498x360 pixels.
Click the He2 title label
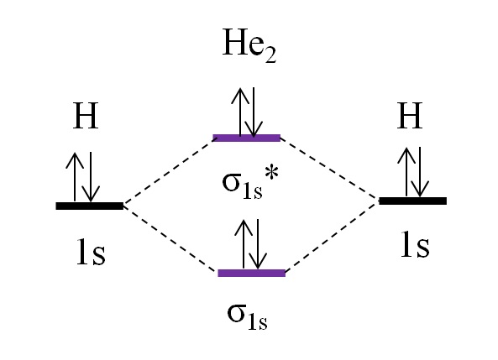pyautogui.click(x=249, y=45)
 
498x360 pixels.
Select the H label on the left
pyautogui.click(x=86, y=116)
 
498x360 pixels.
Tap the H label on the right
pyautogui.click(x=410, y=115)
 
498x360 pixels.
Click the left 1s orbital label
pyautogui.click(x=91, y=252)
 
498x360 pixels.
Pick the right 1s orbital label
pyautogui.click(x=415, y=244)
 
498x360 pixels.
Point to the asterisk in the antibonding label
pyautogui.click(x=272, y=174)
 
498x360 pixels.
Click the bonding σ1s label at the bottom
pyautogui.click(x=247, y=316)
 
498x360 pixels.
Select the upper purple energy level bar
pyautogui.click(x=246, y=138)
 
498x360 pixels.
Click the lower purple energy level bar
pyautogui.click(x=252, y=273)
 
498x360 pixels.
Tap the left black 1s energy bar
pyautogui.click(x=90, y=206)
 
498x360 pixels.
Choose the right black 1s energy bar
pyautogui.click(x=413, y=201)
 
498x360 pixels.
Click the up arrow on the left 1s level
pyautogui.click(x=75, y=177)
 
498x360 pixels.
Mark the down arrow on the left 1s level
pyautogui.click(x=91, y=177)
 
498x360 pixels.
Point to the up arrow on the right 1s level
pyautogui.click(x=406, y=172)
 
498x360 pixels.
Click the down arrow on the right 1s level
pyautogui.click(x=420, y=172)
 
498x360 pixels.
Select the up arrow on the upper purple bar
pyautogui.click(x=240, y=112)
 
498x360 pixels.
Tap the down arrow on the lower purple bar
pyautogui.click(x=258, y=244)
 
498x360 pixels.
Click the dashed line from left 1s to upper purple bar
pyautogui.click(x=168, y=173)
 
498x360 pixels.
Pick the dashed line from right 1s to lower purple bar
pyautogui.click(x=333, y=237)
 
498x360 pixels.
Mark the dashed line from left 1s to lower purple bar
pyautogui.click(x=170, y=239)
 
